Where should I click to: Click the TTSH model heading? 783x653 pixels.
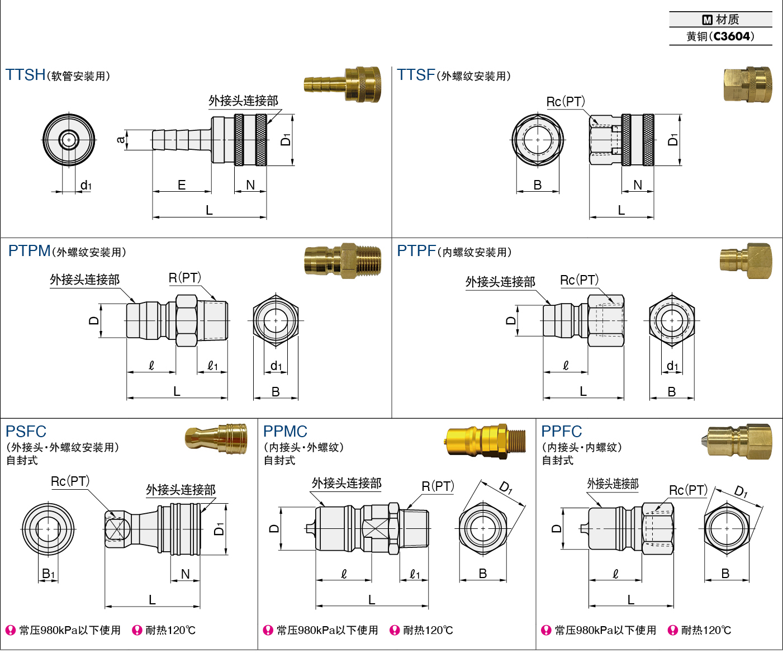tap(26, 75)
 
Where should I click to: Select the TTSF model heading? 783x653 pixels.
tap(416, 75)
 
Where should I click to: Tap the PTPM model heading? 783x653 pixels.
tap(29, 251)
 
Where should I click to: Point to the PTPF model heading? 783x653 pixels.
tap(416, 251)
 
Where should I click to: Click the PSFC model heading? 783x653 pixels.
tap(26, 432)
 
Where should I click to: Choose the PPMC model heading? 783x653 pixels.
tap(285, 432)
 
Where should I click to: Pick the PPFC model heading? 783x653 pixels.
tap(562, 432)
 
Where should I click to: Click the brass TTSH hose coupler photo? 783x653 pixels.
tap(343, 84)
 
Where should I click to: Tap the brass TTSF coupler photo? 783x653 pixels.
tap(748, 84)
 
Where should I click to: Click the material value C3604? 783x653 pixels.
tap(732, 36)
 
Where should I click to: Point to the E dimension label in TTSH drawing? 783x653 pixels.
tap(182, 185)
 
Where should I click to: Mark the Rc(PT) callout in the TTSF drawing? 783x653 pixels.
tap(566, 102)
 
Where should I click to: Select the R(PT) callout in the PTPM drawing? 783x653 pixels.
tap(185, 278)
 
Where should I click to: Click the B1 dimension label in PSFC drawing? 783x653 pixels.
tap(49, 574)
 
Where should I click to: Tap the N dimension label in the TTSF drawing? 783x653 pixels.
tap(638, 185)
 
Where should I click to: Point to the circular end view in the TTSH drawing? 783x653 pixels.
tap(69, 140)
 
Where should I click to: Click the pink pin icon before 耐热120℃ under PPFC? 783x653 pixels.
tap(673, 631)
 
